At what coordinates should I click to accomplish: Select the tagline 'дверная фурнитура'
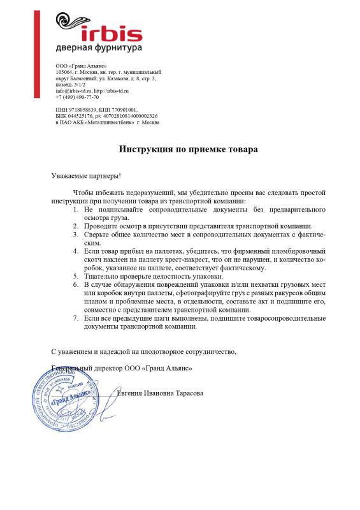point(98,47)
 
